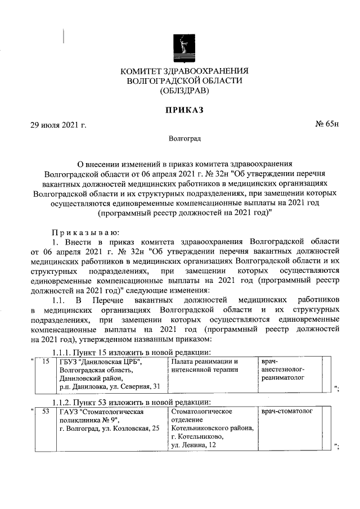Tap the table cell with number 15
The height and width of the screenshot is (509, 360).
[x=46, y=362]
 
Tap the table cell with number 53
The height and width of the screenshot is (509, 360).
[x=46, y=412]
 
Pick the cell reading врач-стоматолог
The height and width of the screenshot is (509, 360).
[x=286, y=412]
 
